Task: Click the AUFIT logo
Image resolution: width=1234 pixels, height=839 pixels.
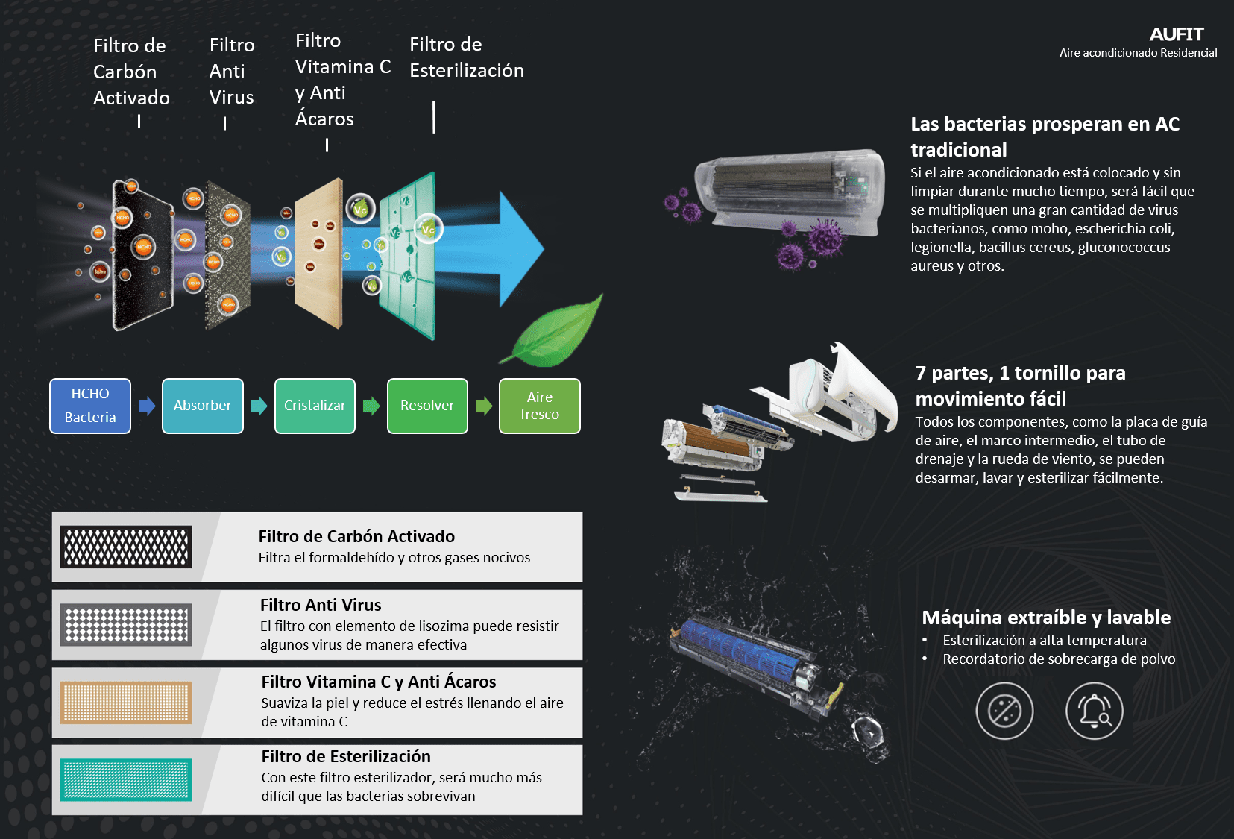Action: (x=1176, y=34)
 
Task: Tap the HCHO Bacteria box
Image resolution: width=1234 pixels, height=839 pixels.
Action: (x=90, y=406)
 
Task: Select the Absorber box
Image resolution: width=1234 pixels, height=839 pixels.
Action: (x=202, y=406)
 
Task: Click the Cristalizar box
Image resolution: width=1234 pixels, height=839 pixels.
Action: (x=315, y=406)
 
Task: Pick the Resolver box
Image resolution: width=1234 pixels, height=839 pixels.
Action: (x=427, y=406)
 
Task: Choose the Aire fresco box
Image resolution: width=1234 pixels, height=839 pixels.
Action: (x=539, y=406)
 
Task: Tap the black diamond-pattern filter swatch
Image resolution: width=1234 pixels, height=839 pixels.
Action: (x=126, y=547)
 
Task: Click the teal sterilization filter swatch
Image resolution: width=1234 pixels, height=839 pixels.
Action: (x=126, y=779)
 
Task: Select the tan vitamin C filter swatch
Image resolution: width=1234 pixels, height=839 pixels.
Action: (x=126, y=702)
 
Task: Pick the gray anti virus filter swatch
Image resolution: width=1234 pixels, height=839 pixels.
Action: (x=126, y=624)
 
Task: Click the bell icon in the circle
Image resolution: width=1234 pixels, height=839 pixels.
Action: (x=1094, y=711)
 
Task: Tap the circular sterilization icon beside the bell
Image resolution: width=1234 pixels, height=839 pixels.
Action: (x=1004, y=711)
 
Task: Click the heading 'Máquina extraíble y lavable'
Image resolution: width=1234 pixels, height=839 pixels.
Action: (x=1046, y=618)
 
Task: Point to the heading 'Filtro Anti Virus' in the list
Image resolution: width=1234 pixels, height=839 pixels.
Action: (x=321, y=605)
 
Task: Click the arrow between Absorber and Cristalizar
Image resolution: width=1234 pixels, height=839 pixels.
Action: (x=259, y=406)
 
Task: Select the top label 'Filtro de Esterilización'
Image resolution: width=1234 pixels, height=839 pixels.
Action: (x=467, y=57)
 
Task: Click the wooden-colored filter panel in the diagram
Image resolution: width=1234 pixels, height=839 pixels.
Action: (x=319, y=254)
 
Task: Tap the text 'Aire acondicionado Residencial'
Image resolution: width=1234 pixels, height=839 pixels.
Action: (x=1138, y=53)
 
